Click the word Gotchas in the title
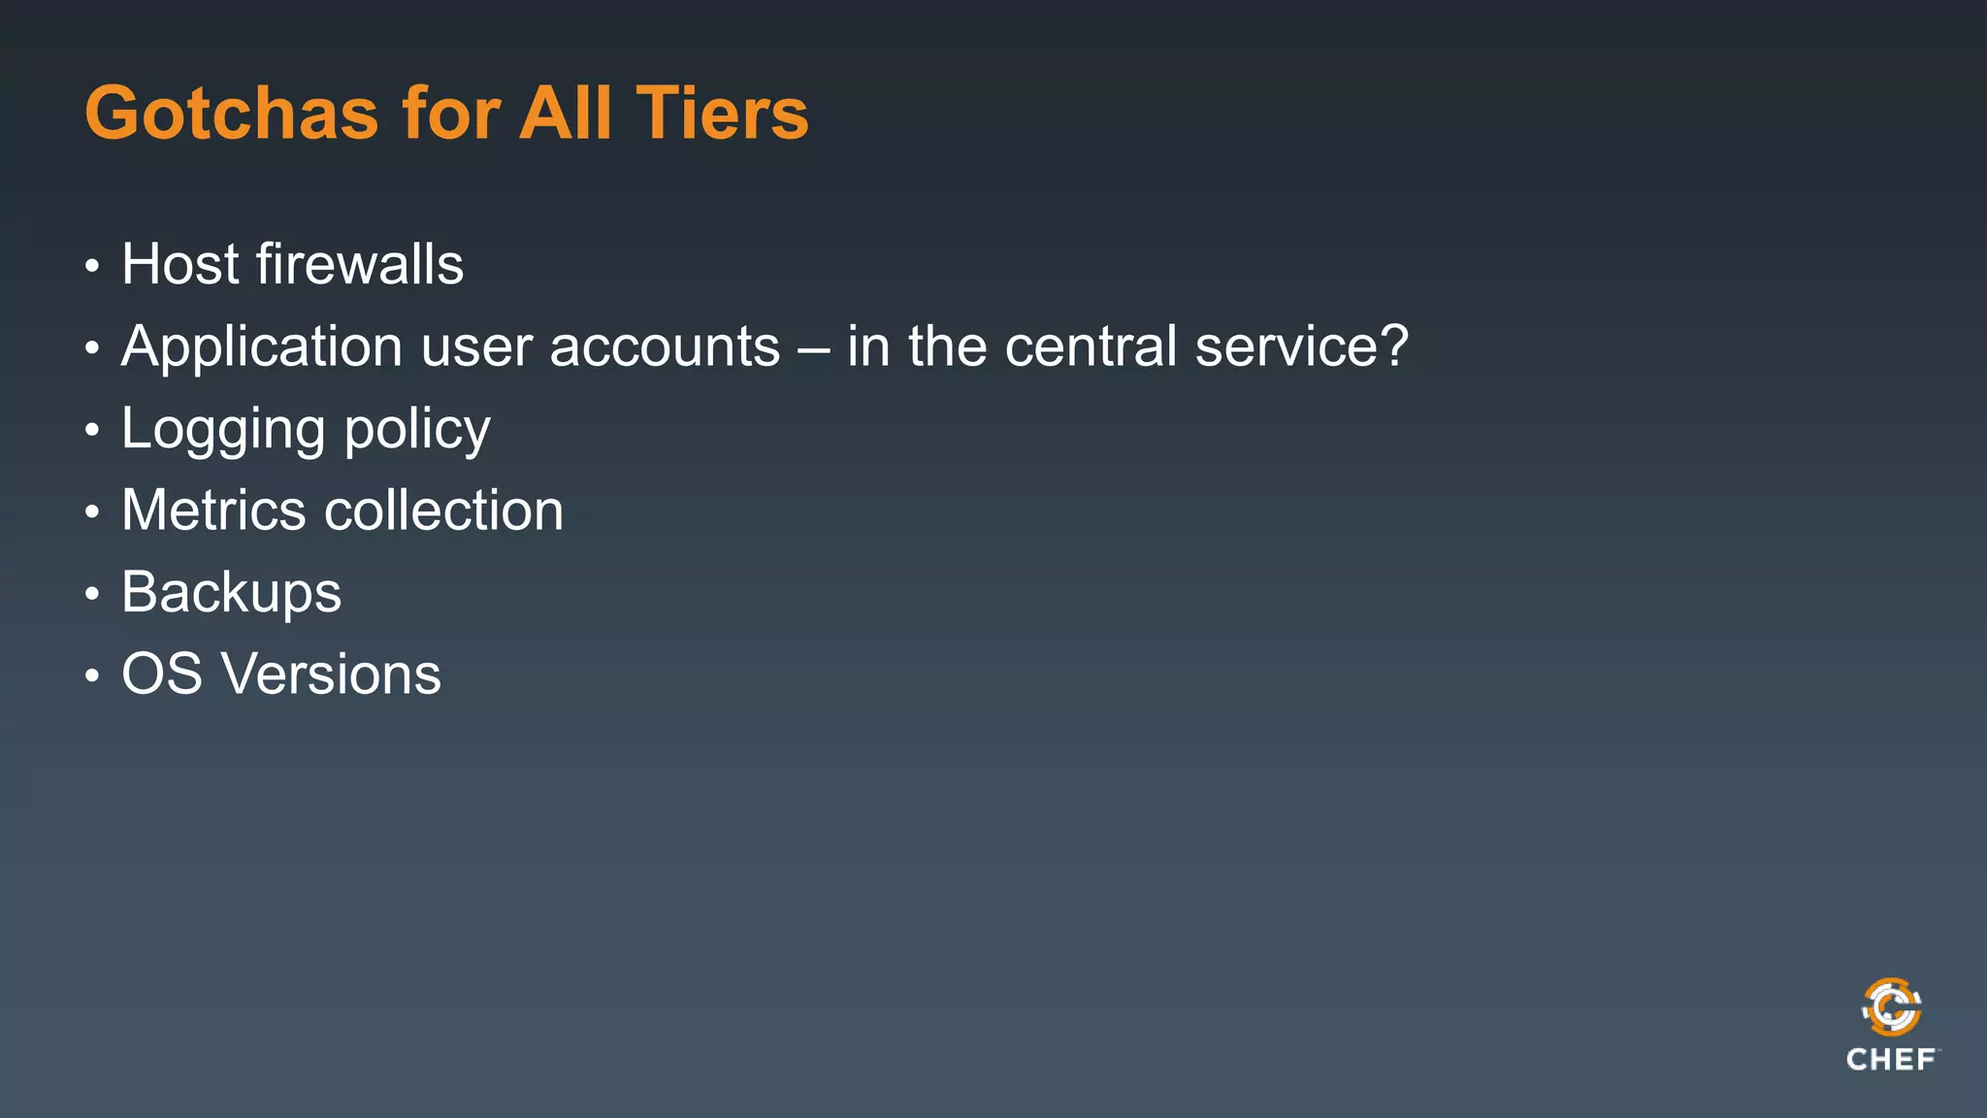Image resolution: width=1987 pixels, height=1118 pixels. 231,114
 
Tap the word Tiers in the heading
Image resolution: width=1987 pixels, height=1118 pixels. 721,114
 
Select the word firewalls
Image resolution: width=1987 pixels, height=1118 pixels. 360,264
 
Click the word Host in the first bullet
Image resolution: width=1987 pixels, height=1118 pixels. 179,264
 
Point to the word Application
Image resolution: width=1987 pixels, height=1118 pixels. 262,347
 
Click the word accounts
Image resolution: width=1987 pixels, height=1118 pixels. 665,347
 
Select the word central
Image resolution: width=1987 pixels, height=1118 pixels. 1091,347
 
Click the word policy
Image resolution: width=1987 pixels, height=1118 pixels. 417,430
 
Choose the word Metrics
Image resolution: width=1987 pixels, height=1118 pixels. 213,510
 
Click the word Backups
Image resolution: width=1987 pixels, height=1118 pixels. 231,593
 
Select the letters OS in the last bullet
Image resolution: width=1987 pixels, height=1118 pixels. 161,674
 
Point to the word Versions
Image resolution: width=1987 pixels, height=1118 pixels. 331,674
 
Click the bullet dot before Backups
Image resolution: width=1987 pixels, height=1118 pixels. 92,593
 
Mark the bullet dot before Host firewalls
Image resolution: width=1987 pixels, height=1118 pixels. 92,266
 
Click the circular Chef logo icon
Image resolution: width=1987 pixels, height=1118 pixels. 1891,1007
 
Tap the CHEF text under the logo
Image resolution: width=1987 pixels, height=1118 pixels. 1891,1060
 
